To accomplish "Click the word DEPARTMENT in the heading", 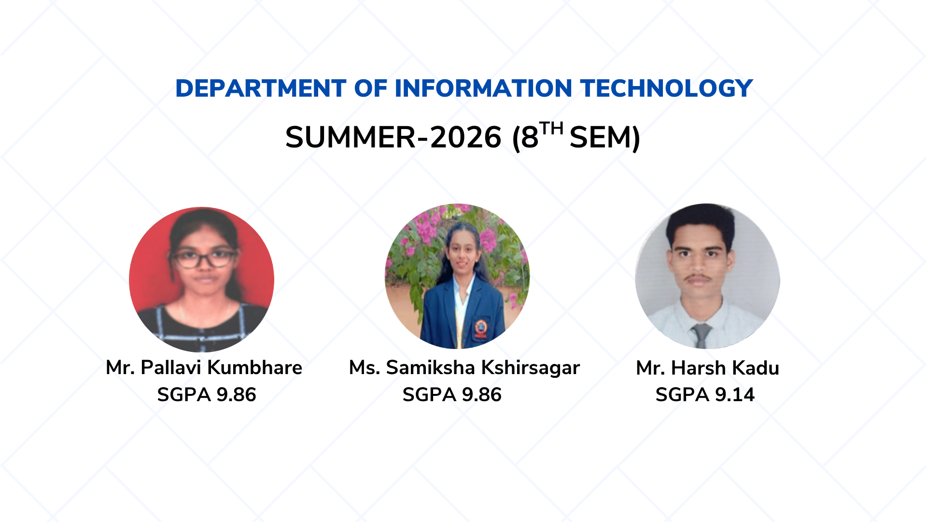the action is (261, 88).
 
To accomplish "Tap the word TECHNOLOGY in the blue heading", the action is (667, 88).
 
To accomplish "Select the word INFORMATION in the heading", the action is (483, 88).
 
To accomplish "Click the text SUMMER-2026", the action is (393, 137).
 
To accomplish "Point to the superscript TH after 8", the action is (551, 129).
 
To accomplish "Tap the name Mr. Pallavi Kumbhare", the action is (204, 368).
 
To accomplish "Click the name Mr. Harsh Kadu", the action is (708, 368).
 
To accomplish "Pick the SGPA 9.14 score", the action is (705, 395).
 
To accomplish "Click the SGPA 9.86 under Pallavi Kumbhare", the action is (207, 395).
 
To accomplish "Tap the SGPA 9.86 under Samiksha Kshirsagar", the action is (452, 395).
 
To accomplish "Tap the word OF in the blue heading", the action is (371, 88).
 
